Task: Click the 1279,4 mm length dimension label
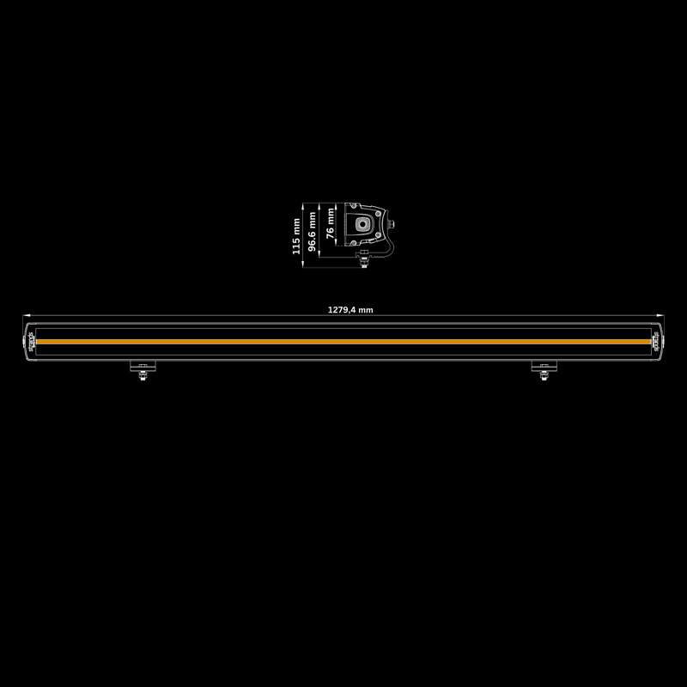tap(350, 310)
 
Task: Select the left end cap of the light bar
tap(28, 341)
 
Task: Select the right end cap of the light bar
tap(659, 341)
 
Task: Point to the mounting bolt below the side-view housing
tap(366, 259)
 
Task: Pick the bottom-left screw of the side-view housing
tap(352, 243)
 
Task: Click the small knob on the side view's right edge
tap(393, 224)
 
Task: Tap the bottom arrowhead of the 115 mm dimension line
tap(303, 264)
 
